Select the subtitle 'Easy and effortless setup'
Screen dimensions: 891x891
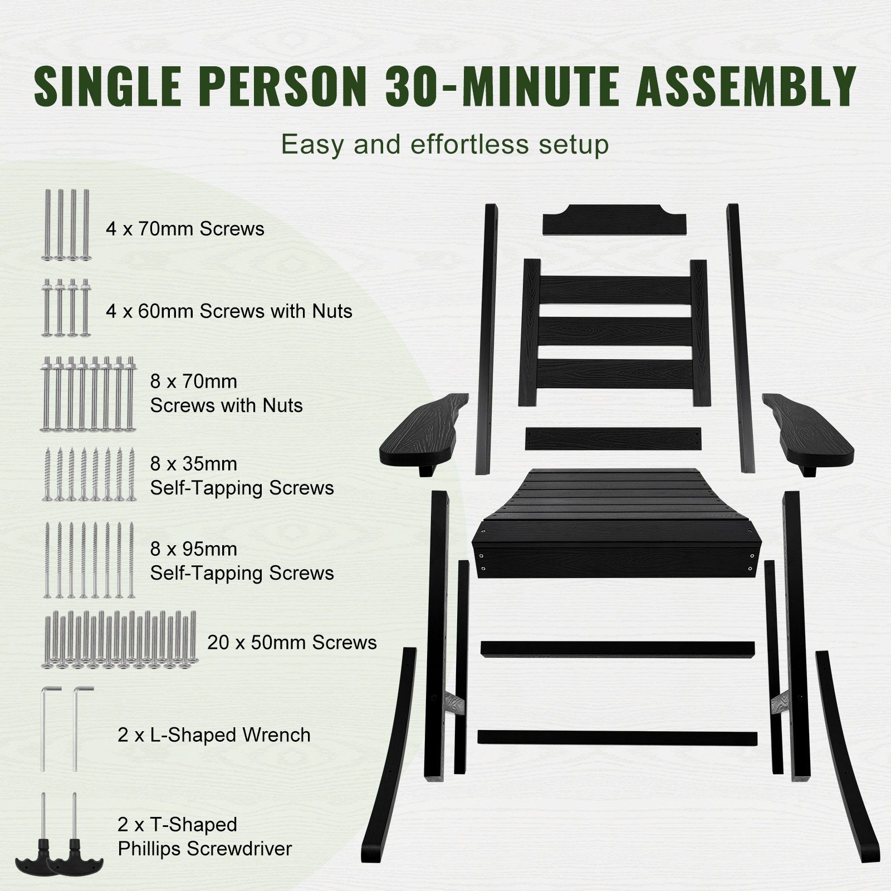point(445,144)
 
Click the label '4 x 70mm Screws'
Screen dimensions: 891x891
point(185,229)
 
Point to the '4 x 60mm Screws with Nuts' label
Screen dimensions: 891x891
point(229,311)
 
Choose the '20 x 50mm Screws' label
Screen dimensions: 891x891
point(292,642)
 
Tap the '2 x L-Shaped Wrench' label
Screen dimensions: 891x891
point(214,735)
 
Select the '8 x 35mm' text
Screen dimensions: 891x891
point(193,463)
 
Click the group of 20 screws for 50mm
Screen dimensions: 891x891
point(119,639)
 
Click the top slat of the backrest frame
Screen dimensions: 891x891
point(615,286)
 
